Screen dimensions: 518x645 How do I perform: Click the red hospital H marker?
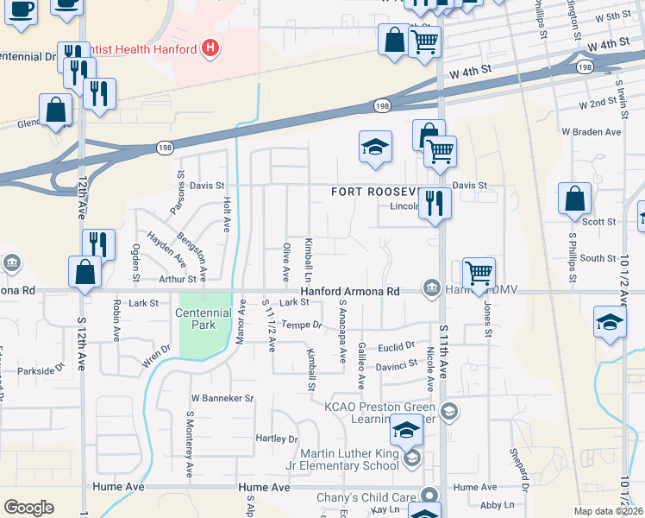pos(210,48)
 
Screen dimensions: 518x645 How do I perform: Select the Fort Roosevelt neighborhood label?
pos(374,192)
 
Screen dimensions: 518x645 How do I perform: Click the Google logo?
pos(28,507)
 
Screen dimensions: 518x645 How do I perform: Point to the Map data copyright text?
pos(608,511)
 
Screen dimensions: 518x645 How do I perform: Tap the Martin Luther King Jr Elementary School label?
pos(349,460)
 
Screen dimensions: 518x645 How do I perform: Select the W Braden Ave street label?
pos(591,132)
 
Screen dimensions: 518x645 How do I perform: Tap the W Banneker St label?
pos(222,399)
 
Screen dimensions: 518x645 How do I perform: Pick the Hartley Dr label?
pos(277,439)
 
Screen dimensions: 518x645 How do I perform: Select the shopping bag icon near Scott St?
pos(574,199)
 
